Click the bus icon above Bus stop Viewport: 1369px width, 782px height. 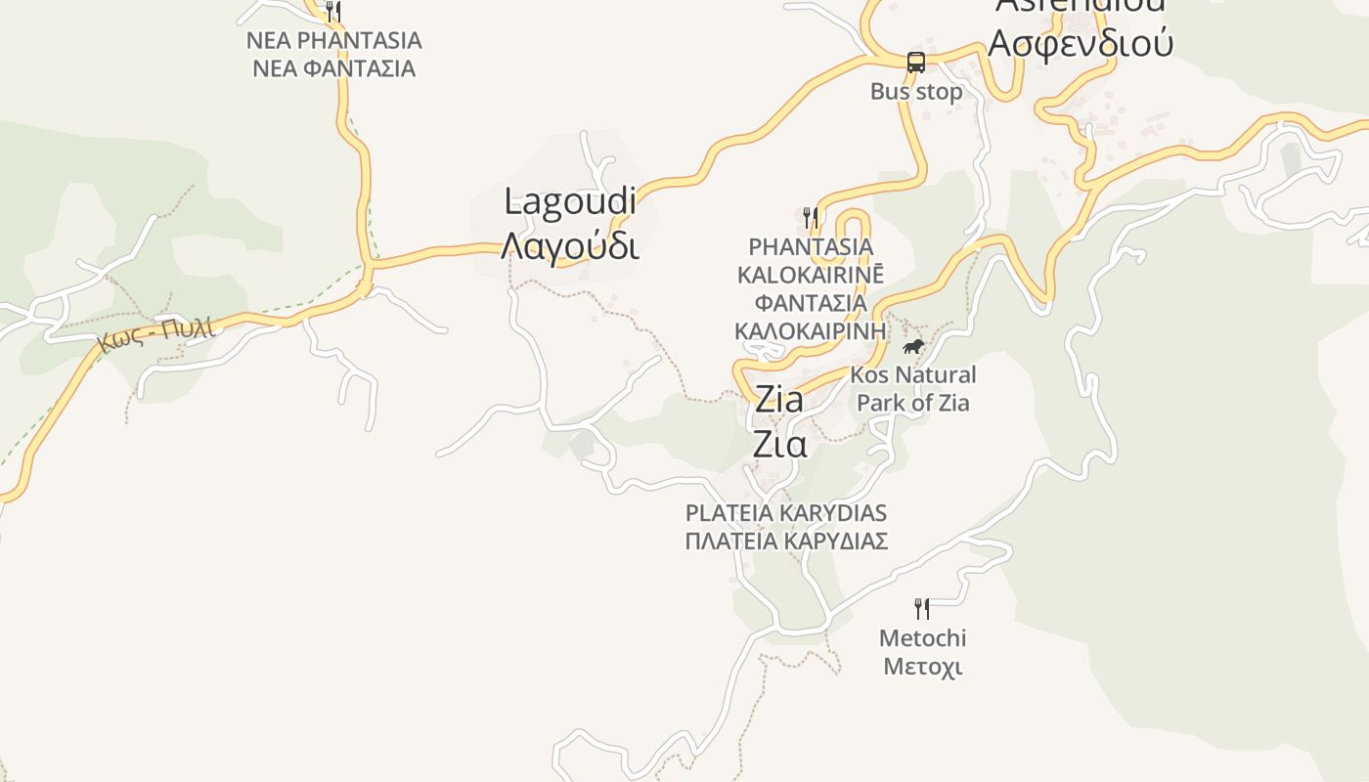(x=915, y=62)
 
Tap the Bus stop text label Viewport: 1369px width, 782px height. (x=916, y=92)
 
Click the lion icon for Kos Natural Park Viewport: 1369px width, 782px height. (x=913, y=347)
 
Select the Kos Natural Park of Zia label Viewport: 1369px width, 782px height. (x=913, y=388)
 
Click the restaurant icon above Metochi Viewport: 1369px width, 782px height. (x=922, y=609)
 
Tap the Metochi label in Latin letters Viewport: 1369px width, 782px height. (x=922, y=638)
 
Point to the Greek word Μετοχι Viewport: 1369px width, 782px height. (x=922, y=667)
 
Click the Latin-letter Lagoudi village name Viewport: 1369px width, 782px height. (x=570, y=202)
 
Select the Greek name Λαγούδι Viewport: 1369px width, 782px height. (x=570, y=246)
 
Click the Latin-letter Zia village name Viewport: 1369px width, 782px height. (x=779, y=399)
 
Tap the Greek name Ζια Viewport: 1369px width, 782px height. (x=779, y=444)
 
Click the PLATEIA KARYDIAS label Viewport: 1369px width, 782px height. (x=786, y=513)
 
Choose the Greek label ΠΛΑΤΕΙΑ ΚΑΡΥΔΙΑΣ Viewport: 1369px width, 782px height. (x=786, y=541)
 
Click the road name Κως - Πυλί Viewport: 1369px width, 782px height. (x=156, y=334)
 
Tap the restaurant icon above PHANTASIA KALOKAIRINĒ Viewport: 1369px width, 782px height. (x=810, y=216)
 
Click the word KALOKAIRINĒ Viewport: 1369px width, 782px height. (x=811, y=274)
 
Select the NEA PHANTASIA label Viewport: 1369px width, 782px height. (x=333, y=41)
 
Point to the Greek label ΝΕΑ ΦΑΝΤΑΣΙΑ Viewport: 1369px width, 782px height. (x=333, y=68)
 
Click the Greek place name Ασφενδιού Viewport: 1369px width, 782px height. (x=1080, y=43)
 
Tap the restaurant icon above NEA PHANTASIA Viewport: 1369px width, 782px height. (x=333, y=12)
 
